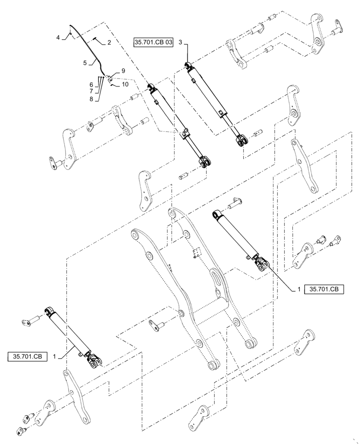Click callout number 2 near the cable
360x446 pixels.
(109, 43)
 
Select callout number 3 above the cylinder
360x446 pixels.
(180, 42)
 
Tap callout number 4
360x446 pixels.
(58, 38)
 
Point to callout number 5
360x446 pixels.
(85, 63)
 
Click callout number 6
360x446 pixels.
(91, 85)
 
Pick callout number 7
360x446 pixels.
(91, 91)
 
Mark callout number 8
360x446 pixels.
(91, 99)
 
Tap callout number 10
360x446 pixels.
(125, 83)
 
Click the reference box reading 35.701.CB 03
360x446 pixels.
(153, 42)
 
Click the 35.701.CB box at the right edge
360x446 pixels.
(324, 289)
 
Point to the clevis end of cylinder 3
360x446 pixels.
(241, 140)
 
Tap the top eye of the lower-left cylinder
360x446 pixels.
(49, 310)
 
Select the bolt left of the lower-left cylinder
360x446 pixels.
(29, 321)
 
